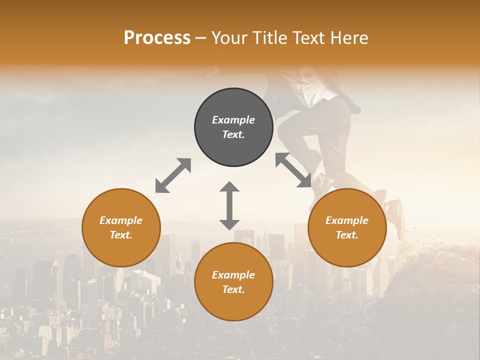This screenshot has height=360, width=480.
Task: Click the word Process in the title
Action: pyautogui.click(x=157, y=38)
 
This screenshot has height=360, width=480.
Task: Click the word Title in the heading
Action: pyautogui.click(x=270, y=38)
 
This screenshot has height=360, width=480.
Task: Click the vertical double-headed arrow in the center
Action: pyautogui.click(x=229, y=205)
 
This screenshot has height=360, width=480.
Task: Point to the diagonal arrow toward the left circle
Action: pyautogui.click(x=173, y=175)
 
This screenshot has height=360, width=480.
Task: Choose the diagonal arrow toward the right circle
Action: pyautogui.click(x=293, y=170)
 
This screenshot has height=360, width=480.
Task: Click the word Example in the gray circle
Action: pyautogui.click(x=233, y=120)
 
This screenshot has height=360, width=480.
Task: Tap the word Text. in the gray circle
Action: pyautogui.click(x=233, y=134)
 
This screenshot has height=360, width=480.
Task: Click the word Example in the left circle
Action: pyautogui.click(x=121, y=220)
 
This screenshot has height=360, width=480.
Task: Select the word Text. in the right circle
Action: pyautogui.click(x=347, y=235)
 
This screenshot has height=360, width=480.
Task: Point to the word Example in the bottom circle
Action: pyautogui.click(x=233, y=275)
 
